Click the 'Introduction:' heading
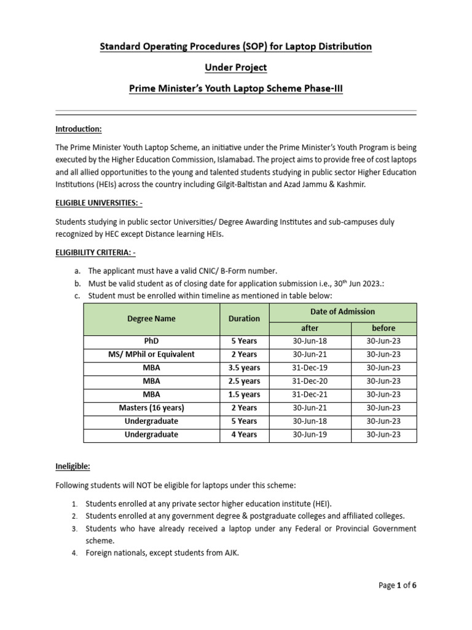pyautogui.click(x=79, y=129)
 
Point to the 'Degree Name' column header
pyautogui.click(x=151, y=319)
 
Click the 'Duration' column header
pyautogui.click(x=244, y=319)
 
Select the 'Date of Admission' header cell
pyautogui.click(x=342, y=312)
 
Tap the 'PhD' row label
pyautogui.click(x=151, y=341)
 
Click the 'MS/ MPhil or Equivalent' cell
pyautogui.click(x=151, y=354)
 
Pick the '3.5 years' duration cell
pyautogui.click(x=244, y=368)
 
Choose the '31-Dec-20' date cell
pyautogui.click(x=310, y=381)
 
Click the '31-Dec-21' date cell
pyautogui.click(x=310, y=394)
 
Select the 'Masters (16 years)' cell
pyautogui.click(x=151, y=408)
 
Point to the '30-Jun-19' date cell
pyautogui.click(x=310, y=434)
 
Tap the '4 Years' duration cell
pyautogui.click(x=244, y=434)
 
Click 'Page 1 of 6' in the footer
pyautogui.click(x=397, y=585)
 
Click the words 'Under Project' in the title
pyautogui.click(x=236, y=67)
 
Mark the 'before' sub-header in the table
pyautogui.click(x=383, y=328)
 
